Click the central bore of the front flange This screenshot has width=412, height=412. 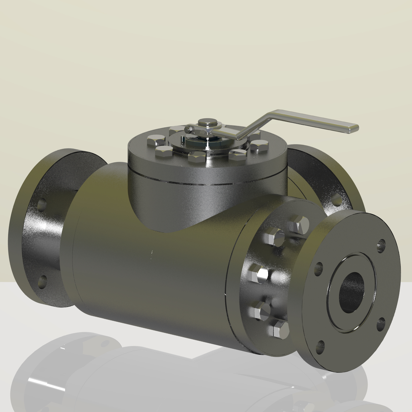351,292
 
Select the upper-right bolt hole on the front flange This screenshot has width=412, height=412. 381,246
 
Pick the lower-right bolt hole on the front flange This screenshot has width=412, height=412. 381,324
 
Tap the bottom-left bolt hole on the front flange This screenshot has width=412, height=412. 320,346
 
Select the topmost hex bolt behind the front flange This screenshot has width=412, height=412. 299,224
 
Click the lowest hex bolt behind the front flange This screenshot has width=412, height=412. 281,329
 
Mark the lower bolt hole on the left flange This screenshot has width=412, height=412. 42,282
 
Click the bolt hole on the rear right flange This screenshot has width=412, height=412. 336,200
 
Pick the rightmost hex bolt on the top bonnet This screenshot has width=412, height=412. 259,146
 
